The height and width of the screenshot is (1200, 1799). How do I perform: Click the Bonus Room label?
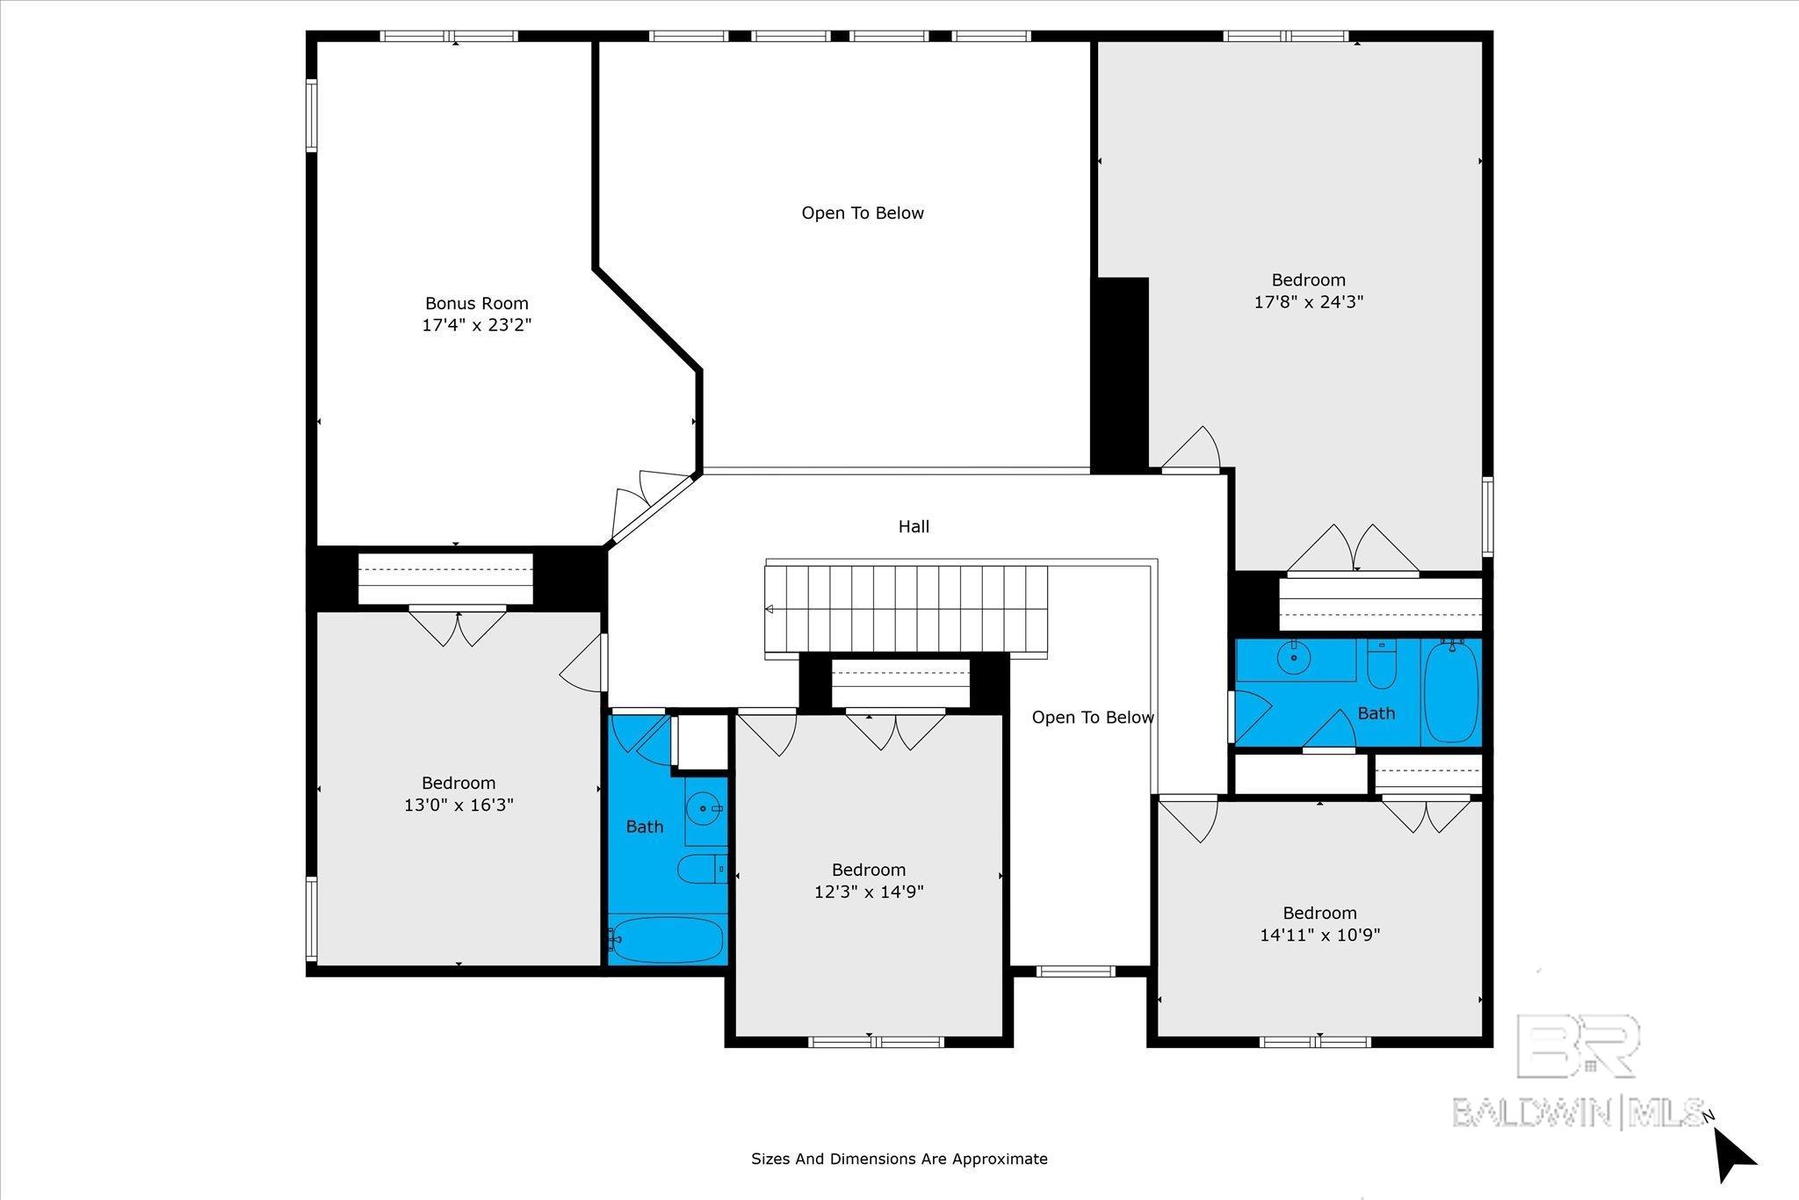(477, 303)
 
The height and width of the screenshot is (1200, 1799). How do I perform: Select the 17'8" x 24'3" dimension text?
(1308, 302)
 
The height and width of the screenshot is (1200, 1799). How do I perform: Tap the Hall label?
(914, 526)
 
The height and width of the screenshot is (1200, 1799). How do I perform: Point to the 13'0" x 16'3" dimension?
(459, 805)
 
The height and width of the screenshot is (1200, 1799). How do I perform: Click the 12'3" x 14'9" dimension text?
(869, 892)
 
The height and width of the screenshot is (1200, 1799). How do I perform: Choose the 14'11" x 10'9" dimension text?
(1319, 935)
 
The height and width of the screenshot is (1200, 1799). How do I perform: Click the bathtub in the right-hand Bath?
(1451, 691)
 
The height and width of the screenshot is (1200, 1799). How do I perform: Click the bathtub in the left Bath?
(667, 940)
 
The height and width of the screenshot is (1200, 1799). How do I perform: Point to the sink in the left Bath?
(704, 806)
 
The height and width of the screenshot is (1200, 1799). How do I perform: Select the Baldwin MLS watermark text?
(1579, 1112)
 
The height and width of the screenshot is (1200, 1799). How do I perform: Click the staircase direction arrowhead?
(769, 609)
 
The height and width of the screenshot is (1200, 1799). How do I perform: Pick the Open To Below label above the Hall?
(863, 213)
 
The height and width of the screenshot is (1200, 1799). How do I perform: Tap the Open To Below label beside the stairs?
(1093, 718)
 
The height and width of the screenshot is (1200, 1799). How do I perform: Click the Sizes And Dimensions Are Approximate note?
(899, 1159)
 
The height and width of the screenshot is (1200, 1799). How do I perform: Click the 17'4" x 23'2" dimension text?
(477, 325)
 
